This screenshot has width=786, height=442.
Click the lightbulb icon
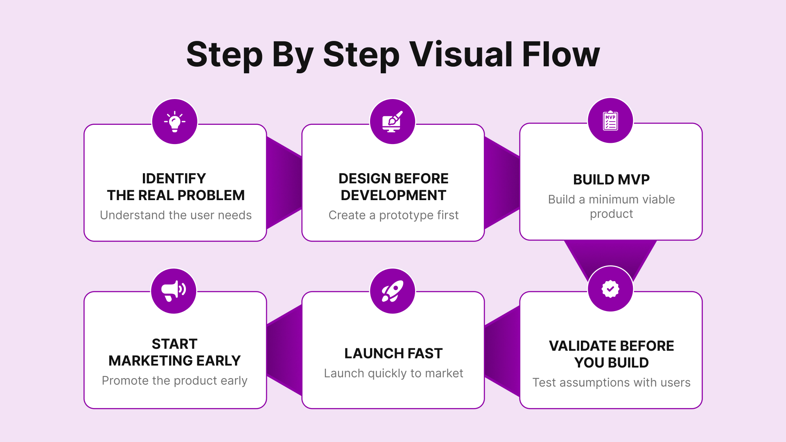click(175, 122)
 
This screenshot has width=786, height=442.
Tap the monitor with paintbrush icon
click(393, 122)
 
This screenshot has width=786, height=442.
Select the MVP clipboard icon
click(610, 120)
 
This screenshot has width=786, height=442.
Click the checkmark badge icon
click(610, 289)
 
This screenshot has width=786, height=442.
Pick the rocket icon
click(393, 291)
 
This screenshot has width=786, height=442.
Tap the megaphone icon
click(174, 291)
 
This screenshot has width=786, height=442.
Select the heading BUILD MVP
click(611, 180)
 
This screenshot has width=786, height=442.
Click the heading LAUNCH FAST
click(393, 353)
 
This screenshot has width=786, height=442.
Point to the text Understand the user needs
click(176, 215)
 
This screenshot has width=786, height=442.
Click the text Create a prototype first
click(393, 215)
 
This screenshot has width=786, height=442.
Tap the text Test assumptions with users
click(611, 383)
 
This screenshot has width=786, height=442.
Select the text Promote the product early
click(174, 381)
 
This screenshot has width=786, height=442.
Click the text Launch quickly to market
click(393, 373)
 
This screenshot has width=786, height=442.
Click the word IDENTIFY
click(174, 178)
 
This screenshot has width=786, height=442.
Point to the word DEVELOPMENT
click(393, 195)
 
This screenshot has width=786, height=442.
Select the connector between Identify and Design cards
click(284, 183)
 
